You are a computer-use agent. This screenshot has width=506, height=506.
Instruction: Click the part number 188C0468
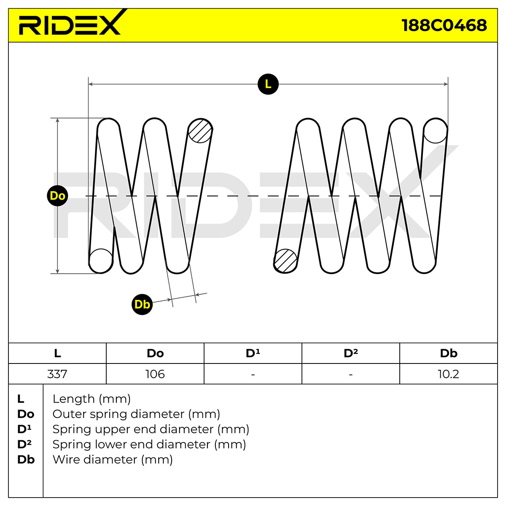point(444,25)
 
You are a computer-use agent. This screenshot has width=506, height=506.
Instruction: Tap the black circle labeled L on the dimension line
point(268,84)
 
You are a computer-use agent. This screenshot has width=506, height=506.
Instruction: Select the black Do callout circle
point(57,196)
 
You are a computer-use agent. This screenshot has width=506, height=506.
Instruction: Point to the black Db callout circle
point(142,304)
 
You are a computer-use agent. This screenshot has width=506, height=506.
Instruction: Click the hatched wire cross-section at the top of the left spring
point(200,131)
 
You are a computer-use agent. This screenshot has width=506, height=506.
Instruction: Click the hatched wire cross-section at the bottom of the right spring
point(285,261)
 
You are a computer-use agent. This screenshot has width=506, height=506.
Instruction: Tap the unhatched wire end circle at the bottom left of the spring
point(101,261)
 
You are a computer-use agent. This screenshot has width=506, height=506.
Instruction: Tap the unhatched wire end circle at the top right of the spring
point(435,131)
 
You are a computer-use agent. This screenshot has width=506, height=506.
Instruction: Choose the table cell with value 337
point(57,374)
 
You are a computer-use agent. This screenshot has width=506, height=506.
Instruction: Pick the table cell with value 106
point(155,374)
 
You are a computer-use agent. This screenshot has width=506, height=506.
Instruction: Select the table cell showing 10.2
point(449,374)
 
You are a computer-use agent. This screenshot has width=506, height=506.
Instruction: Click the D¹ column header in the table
point(253,353)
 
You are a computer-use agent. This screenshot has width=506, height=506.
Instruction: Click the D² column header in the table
point(351,353)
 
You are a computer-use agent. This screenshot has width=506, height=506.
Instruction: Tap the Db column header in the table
point(449,353)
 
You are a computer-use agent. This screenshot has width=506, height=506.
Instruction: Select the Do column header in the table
point(155,353)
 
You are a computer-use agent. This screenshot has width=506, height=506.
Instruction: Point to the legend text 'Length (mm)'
point(92,399)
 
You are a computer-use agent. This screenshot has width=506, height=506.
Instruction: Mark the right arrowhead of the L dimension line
point(446,84)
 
